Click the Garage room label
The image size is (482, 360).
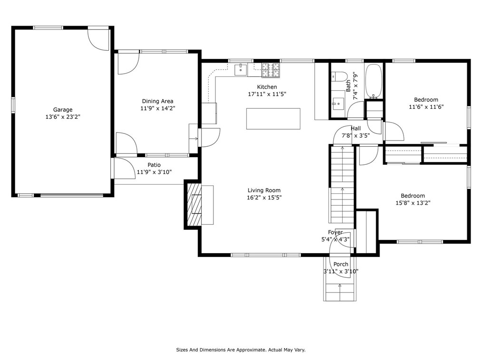(63, 110)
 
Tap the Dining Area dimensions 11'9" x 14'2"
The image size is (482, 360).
(158, 108)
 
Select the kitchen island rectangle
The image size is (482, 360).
(273, 119)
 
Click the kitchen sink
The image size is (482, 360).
(241, 69)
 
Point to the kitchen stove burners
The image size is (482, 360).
(271, 70)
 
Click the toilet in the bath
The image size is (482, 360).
(339, 76)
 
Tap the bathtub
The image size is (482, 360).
(374, 81)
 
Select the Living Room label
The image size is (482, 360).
(264, 190)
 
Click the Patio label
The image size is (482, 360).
(154, 165)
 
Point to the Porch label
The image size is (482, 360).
(341, 264)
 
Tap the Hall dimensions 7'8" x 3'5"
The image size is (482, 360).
(356, 135)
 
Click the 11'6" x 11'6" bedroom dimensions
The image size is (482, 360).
(426, 107)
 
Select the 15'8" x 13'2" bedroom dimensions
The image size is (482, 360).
(413, 203)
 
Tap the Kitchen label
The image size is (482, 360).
(267, 87)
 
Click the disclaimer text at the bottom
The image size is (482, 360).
(241, 350)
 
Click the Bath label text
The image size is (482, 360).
(348, 86)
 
